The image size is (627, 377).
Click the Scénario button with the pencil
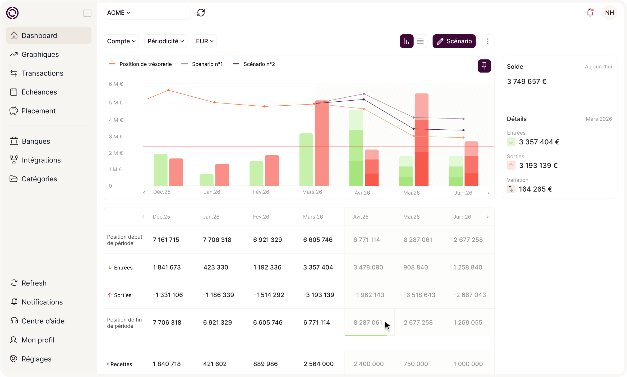(454, 41)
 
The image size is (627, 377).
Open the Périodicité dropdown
(165, 41)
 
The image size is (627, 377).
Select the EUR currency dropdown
(205, 41)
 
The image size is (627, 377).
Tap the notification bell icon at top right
(590, 12)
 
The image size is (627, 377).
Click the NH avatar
(609, 13)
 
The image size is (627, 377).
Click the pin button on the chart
(484, 66)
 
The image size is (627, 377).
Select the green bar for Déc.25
(160, 170)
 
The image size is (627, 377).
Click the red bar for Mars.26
(322, 143)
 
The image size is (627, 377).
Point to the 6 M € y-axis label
(116, 84)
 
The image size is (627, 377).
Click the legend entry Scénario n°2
(254, 64)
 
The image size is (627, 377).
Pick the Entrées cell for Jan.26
(216, 267)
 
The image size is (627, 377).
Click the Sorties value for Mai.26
(419, 295)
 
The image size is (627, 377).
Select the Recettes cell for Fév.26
(265, 364)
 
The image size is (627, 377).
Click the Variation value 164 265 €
(535, 189)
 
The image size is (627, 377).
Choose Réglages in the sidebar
(36, 359)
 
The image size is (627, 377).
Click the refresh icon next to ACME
(201, 13)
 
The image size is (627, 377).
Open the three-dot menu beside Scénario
(488, 41)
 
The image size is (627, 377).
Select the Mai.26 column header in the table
(411, 217)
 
